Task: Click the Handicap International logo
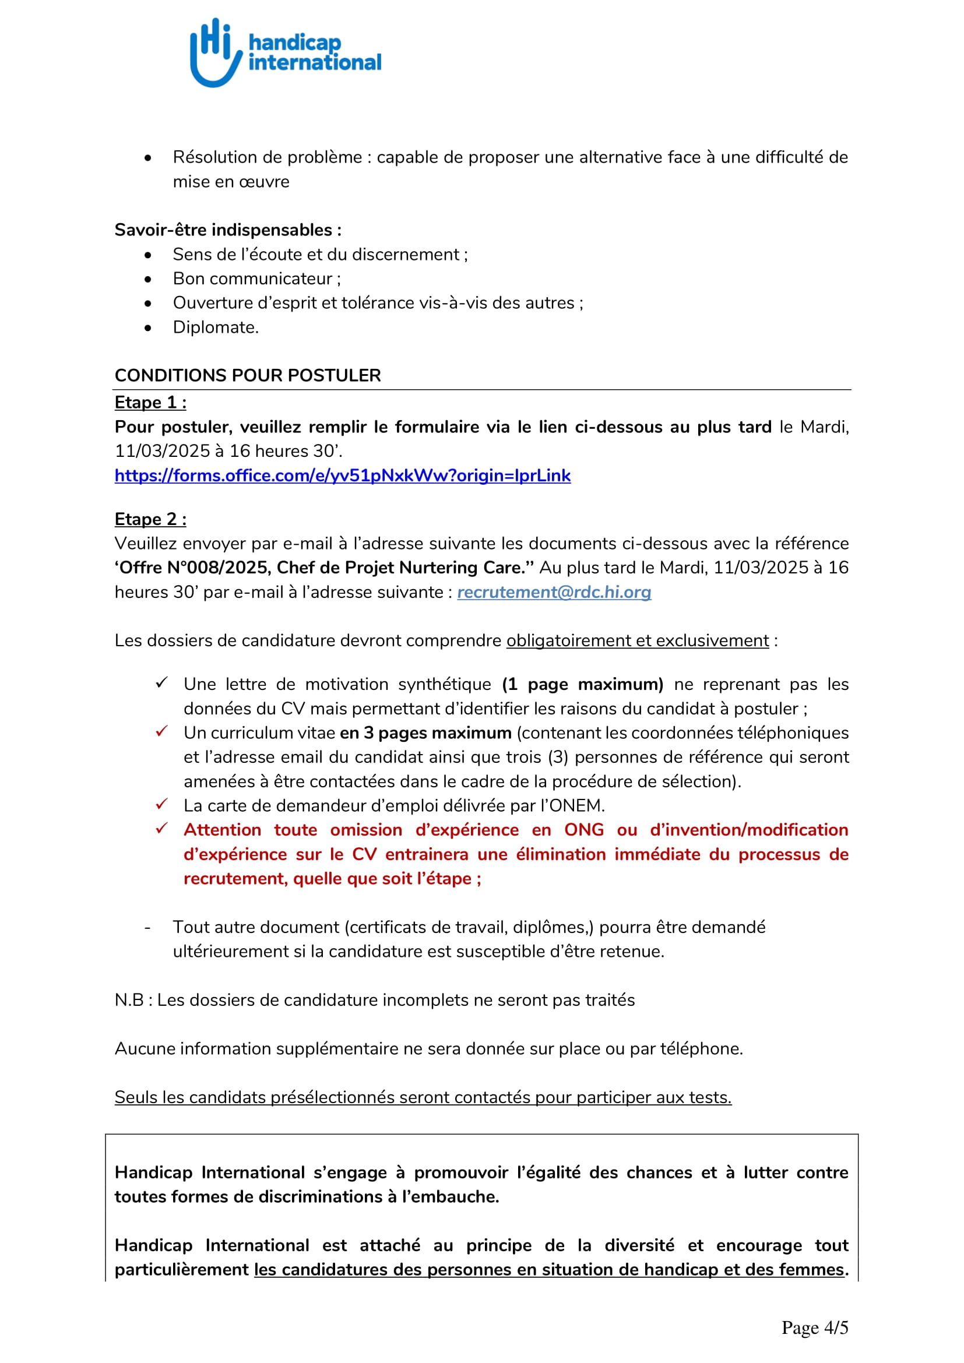285,53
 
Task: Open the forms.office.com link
343,476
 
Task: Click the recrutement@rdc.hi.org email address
554,592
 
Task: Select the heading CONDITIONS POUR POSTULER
248,375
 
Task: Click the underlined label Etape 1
150,403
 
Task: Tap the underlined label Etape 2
150,519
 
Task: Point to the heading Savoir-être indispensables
228,230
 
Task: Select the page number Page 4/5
814,1327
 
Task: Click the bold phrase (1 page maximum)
582,685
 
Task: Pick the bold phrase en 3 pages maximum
425,733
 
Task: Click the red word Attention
223,830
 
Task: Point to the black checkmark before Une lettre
161,683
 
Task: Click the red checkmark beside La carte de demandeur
161,804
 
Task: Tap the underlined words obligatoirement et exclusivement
638,640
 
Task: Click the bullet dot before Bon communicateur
148,279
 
